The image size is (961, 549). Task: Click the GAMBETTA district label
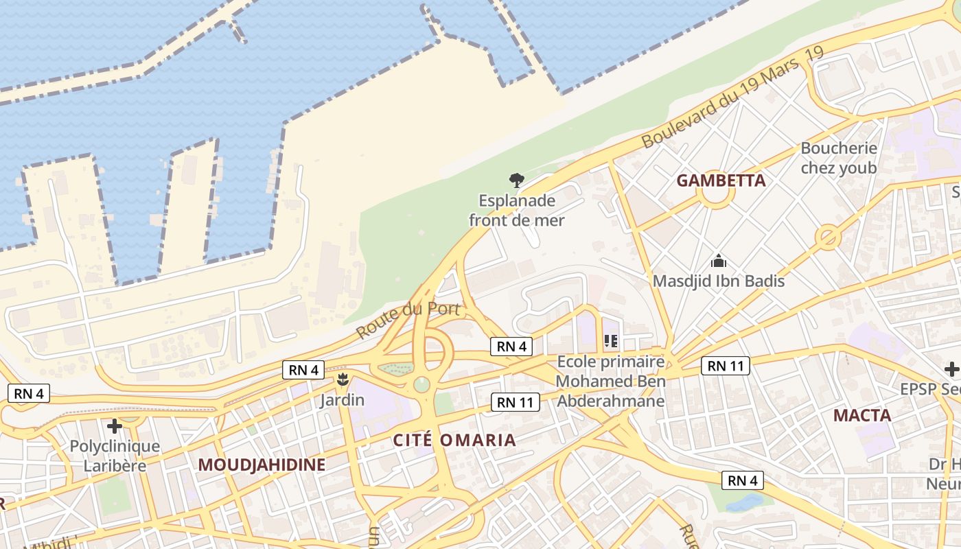[x=721, y=180]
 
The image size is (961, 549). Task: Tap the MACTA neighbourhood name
[x=862, y=415]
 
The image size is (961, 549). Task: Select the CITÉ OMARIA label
[x=454, y=440]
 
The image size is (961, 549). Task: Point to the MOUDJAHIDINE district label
[x=262, y=465]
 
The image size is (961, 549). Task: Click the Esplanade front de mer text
[x=517, y=211]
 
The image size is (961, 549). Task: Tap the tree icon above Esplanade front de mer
[x=517, y=180]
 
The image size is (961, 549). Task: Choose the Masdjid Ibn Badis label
[x=718, y=281]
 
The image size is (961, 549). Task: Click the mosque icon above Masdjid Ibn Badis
[x=719, y=261]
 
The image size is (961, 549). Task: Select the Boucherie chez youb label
[x=839, y=158]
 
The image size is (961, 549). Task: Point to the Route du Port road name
[x=408, y=319]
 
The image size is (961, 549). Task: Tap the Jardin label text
[x=342, y=399]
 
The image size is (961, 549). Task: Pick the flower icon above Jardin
[x=342, y=379]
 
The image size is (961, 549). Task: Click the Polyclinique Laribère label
[x=115, y=456]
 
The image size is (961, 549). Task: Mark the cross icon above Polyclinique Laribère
[x=115, y=426]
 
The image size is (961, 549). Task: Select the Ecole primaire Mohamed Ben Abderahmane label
[x=610, y=382]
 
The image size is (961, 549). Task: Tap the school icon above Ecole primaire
[x=610, y=340]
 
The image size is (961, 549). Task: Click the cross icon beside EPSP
[x=951, y=369]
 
